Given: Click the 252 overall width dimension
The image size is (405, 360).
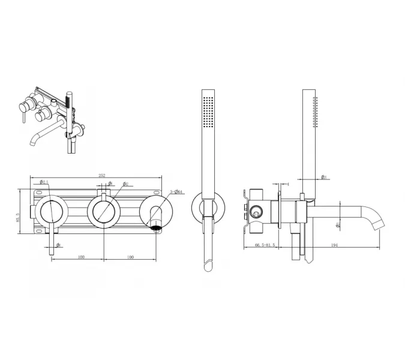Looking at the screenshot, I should [x=102, y=175].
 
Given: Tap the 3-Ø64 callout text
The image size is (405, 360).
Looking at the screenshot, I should [x=178, y=191].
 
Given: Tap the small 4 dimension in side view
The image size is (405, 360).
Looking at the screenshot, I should [x=288, y=184].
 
